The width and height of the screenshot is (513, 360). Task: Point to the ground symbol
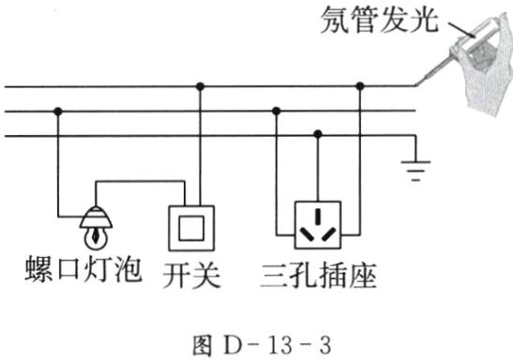pyautogui.click(x=414, y=170)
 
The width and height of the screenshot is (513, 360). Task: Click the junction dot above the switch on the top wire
pyautogui.click(x=199, y=86)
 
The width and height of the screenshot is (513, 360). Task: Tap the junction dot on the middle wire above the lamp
pyautogui.click(x=59, y=111)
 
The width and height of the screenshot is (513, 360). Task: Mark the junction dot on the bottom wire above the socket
pyautogui.click(x=317, y=136)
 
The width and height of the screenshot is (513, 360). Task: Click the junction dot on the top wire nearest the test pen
pyautogui.click(x=359, y=86)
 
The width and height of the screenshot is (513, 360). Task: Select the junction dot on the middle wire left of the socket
pyautogui.click(x=275, y=111)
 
